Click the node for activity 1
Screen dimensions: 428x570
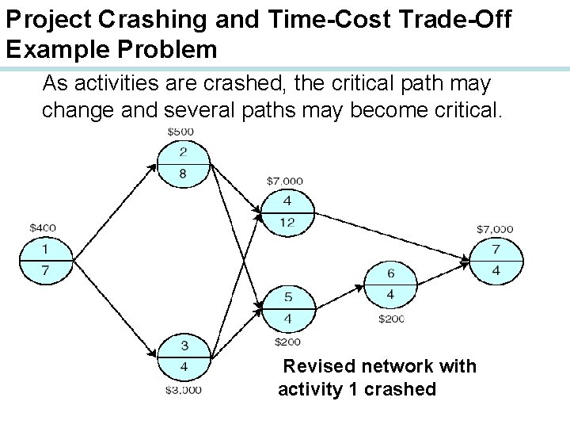45,260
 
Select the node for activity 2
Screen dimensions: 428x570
183,163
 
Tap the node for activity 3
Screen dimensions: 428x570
183,357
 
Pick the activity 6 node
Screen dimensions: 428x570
390,284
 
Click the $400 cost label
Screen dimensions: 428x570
42,228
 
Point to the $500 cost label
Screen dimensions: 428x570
182,131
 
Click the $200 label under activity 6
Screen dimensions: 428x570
391,319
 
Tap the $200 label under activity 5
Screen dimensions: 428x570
287,342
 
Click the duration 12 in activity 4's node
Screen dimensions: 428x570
287,223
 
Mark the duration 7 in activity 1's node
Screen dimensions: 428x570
45,271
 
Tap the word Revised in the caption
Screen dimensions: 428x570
316,366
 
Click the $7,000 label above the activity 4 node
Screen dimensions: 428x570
285,182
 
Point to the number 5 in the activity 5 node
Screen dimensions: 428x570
288,297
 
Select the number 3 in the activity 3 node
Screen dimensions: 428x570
183,346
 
